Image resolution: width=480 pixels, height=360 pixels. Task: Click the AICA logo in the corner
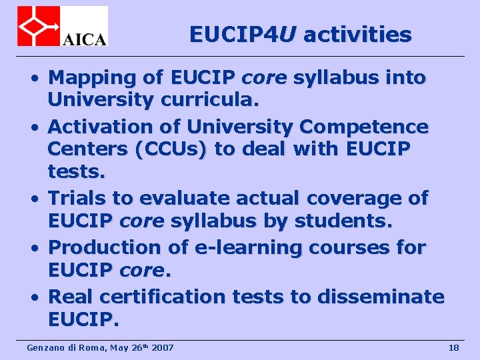click(63, 26)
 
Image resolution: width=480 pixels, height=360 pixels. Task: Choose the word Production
click(106, 247)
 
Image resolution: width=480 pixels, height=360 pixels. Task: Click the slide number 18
click(454, 347)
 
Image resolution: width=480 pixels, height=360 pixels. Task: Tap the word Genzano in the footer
click(42, 347)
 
